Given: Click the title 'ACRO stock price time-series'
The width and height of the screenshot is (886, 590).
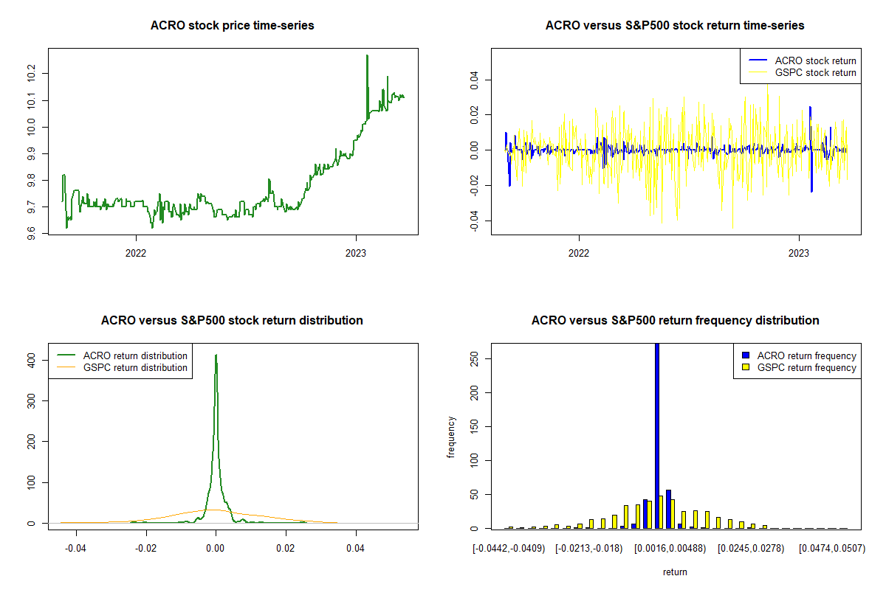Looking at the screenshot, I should coord(232,26).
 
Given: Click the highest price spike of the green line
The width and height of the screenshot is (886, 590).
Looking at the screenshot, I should coord(367,56).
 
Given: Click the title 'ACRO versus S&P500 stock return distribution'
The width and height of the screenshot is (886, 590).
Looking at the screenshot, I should coord(232,321).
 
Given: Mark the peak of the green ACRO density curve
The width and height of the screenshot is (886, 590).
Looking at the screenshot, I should coord(216,355).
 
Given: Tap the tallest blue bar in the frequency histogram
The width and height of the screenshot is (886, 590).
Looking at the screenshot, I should coord(657,435).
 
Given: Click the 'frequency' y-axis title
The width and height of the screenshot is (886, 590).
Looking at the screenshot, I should coord(451,437).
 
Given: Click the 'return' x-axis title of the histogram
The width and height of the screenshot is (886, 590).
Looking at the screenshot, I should coord(675,572).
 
